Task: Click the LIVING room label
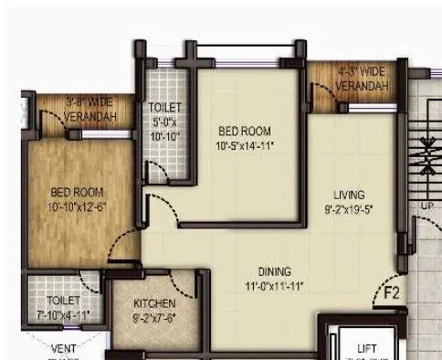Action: pos(350,195)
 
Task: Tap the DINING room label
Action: pos(274,272)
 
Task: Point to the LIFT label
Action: pos(367,348)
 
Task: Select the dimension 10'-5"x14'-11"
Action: pos(245,145)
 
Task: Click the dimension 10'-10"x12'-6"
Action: pos(78,206)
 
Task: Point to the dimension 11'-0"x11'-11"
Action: pos(274,286)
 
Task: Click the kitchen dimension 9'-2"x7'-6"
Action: pos(153,317)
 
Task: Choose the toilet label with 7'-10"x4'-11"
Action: pos(64,306)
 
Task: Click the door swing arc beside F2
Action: pos(384,276)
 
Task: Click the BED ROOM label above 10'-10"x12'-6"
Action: pos(78,193)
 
